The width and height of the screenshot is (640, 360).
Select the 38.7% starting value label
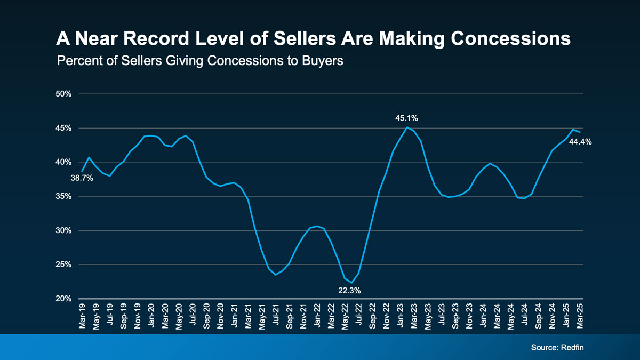[x=82, y=178]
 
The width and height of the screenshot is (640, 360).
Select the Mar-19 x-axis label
[x=82, y=317]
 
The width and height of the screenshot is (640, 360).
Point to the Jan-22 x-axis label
[x=317, y=317]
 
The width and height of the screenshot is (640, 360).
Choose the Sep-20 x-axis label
[x=206, y=317]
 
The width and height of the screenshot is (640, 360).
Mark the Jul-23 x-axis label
[x=442, y=317]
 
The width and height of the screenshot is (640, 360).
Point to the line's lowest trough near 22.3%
[x=351, y=283]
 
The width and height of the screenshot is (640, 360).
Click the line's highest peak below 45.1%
[x=407, y=127]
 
